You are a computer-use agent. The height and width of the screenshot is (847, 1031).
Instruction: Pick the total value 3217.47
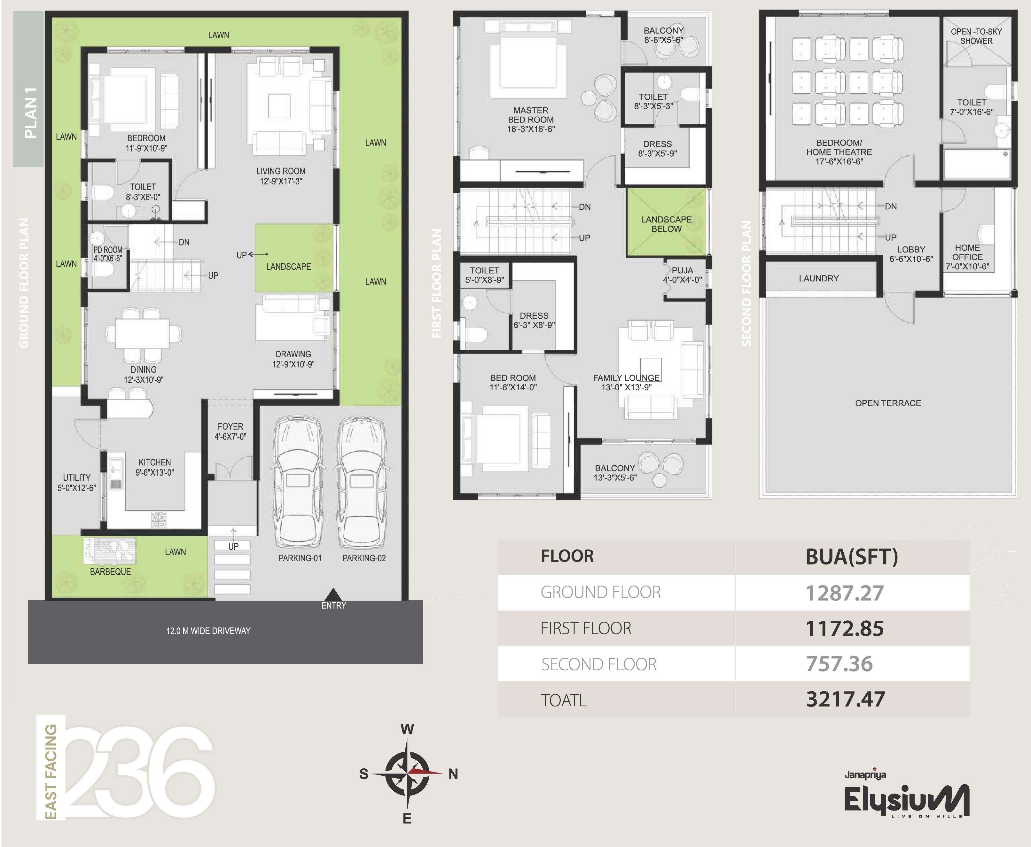click(x=845, y=699)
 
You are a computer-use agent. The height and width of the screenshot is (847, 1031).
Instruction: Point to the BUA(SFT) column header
click(x=851, y=557)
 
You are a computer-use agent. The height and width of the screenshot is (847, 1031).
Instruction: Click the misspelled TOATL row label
click(x=564, y=700)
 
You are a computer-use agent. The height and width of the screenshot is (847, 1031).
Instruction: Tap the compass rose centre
click(x=407, y=773)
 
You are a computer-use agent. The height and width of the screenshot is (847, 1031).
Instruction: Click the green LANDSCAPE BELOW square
click(x=667, y=222)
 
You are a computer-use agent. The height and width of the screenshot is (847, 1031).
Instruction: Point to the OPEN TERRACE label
click(x=888, y=403)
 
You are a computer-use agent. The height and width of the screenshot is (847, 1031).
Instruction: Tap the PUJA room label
click(x=682, y=270)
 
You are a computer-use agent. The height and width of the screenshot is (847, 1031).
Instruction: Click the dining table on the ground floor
click(x=143, y=334)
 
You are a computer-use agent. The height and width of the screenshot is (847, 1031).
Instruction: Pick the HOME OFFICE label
click(x=967, y=252)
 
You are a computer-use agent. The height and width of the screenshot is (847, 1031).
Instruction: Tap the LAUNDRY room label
click(x=819, y=278)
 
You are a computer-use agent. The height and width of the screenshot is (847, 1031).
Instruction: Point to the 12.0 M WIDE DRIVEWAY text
click(x=208, y=631)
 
